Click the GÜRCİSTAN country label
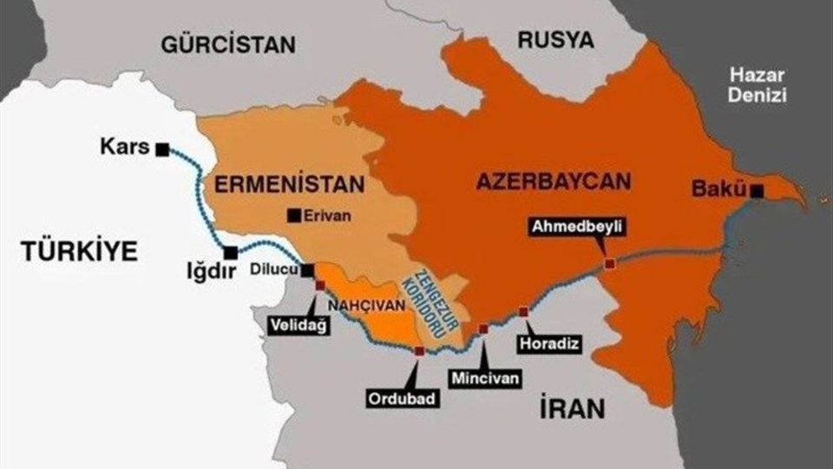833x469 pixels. [x=228, y=44]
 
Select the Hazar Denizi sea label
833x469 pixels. [x=758, y=84]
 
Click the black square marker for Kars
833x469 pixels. [x=162, y=149]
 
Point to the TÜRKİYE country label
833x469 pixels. [x=79, y=252]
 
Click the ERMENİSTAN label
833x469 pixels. [x=287, y=184]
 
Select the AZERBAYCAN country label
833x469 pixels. [x=552, y=182]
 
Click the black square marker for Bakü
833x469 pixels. [x=759, y=190]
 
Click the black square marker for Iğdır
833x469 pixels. [x=231, y=253]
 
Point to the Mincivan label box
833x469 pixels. [x=483, y=378]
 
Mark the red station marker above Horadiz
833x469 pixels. [x=522, y=312]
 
